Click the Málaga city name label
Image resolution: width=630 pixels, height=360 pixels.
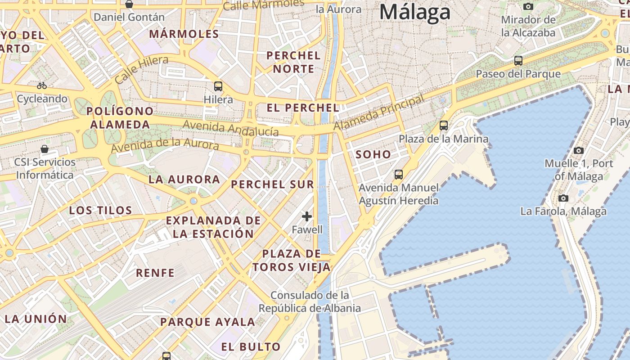(414, 12)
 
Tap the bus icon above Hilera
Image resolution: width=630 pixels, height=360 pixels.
(218, 86)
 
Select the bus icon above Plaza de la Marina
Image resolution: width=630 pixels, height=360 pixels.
(444, 126)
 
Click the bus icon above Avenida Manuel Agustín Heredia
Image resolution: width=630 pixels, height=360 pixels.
(398, 174)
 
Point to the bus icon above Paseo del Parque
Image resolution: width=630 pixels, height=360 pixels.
(518, 60)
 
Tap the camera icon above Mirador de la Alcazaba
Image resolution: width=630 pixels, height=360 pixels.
(528, 6)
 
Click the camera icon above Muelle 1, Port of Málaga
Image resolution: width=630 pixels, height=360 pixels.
(579, 150)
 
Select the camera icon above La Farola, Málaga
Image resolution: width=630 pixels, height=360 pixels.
(563, 198)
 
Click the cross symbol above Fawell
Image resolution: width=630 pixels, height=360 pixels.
(307, 216)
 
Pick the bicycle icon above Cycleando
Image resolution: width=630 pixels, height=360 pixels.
(42, 85)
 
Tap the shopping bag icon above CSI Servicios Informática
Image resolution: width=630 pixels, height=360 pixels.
(45, 148)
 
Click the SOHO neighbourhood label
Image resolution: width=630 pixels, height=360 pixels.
(373, 154)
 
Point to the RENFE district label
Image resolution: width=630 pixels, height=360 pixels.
(155, 273)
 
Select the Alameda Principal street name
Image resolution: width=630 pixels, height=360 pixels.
(379, 112)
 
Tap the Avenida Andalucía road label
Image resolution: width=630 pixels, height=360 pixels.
(231, 128)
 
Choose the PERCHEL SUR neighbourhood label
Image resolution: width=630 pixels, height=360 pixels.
(272, 184)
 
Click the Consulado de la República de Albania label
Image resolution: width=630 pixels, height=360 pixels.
(310, 301)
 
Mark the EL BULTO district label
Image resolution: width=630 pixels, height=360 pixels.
(251, 346)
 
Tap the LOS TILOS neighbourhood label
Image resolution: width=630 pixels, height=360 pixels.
(100, 210)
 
